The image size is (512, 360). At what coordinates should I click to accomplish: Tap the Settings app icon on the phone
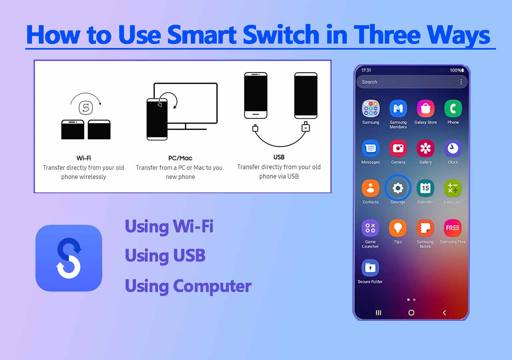point(398,188)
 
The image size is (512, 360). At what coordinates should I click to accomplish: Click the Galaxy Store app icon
point(425,109)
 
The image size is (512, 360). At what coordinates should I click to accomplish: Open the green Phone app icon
point(453,109)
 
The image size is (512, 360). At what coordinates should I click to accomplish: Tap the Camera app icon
point(398,148)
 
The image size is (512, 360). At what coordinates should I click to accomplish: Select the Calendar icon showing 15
point(425,188)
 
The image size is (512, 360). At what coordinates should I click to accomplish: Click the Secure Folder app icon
point(370,268)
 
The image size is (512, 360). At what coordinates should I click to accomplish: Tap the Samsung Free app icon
point(452,228)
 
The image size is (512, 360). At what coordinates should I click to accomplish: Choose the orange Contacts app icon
point(370,188)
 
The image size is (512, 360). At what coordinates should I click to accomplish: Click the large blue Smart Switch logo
point(69,258)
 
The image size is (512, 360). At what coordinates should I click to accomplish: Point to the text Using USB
point(165,256)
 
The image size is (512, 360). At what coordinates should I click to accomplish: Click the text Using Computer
point(188,286)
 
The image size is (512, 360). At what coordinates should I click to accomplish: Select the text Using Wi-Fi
point(169,226)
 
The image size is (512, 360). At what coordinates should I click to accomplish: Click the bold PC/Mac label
point(180,158)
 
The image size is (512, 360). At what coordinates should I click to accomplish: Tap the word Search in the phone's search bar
point(370,82)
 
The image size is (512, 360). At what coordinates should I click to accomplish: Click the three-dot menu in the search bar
point(461,82)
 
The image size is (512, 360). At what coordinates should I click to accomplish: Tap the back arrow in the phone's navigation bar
point(444,313)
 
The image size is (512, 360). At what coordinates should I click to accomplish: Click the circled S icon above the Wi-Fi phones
point(85,107)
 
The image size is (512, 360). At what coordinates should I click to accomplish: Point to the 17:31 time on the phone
point(366,70)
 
